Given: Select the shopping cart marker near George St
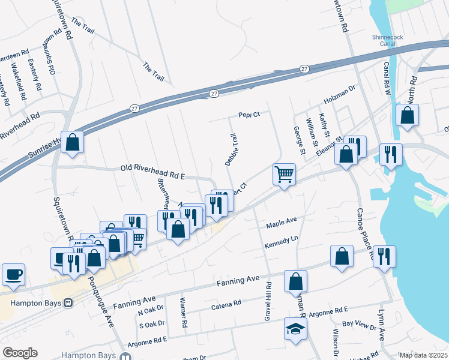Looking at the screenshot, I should pyautogui.click(x=285, y=175).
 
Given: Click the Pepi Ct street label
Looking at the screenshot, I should pyautogui.click(x=249, y=115).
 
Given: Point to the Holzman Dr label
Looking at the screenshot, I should pyautogui.click(x=340, y=88).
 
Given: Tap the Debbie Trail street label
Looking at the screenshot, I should pyautogui.click(x=231, y=150).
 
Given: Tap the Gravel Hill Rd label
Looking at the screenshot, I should pyautogui.click(x=268, y=301).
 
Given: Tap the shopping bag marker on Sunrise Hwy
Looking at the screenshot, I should pyautogui.click(x=73, y=143).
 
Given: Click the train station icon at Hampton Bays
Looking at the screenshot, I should pyautogui.click(x=68, y=303).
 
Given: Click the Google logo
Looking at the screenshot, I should pyautogui.click(x=20, y=353).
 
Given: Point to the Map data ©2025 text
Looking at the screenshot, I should pyautogui.click(x=423, y=355).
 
